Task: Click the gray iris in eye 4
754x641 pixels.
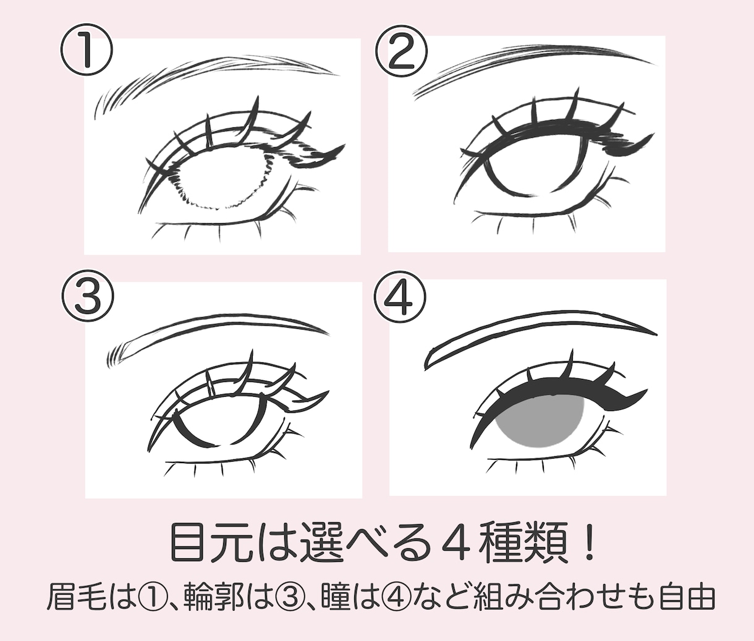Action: point(540,420)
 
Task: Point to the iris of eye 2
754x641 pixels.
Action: point(536,164)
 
